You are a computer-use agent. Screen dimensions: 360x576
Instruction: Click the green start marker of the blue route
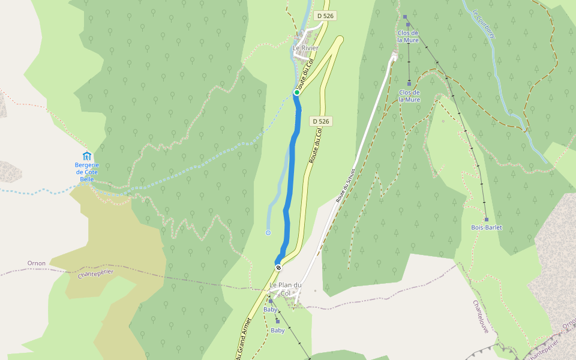coord(296,92)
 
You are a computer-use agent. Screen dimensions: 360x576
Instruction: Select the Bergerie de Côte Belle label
coord(86,172)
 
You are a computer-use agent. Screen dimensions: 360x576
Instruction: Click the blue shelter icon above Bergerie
coord(86,156)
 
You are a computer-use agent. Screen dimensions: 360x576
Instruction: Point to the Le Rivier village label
coord(305,48)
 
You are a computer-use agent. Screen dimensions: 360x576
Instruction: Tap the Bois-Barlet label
coord(486,228)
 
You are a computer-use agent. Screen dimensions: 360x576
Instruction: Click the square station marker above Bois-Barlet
coord(486,220)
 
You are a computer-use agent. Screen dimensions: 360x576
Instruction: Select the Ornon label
coord(37,263)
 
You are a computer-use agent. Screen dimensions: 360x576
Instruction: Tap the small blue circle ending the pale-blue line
coord(268,232)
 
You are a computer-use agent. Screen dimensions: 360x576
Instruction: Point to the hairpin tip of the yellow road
coord(340,40)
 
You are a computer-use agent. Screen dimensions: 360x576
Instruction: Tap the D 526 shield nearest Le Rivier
coord(324,16)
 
